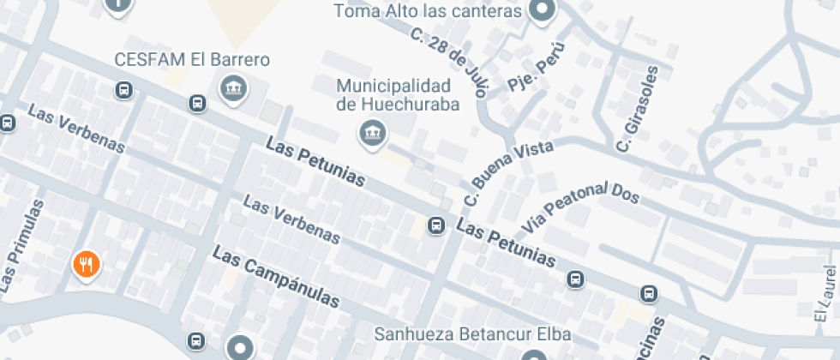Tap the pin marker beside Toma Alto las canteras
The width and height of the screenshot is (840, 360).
tap(542, 11)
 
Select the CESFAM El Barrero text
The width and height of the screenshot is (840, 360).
tap(193, 60)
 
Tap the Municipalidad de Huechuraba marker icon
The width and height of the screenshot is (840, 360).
tap(372, 133)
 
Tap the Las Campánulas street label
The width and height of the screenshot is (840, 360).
tap(276, 278)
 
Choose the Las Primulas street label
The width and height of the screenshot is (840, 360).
tap(21, 244)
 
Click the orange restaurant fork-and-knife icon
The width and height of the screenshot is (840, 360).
tap(86, 265)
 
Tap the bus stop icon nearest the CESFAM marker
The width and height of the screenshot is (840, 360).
tap(198, 103)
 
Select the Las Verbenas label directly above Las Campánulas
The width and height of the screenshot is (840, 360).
tap(292, 221)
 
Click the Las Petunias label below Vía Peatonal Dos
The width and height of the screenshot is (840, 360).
tap(507, 243)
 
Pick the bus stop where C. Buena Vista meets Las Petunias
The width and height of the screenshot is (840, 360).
tap(436, 226)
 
